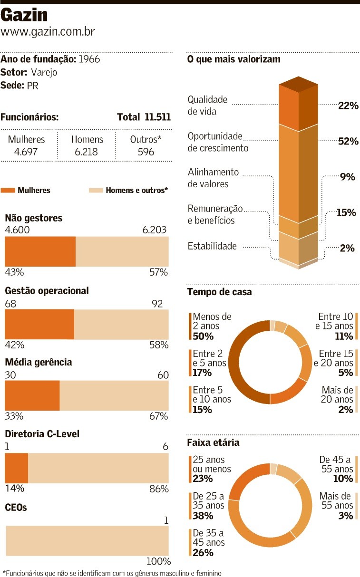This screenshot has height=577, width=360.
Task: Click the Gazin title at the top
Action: click(x=24, y=15)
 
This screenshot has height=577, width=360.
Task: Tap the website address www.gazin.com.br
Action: click(x=48, y=32)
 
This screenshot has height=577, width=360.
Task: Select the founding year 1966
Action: click(x=89, y=59)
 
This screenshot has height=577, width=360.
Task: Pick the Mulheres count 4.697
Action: click(x=27, y=152)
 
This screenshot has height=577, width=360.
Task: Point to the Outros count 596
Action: click(x=146, y=152)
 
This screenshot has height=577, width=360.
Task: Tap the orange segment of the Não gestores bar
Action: click(x=40, y=251)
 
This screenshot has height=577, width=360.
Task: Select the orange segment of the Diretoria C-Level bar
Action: click(x=16, y=468)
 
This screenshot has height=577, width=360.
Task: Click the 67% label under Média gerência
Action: click(x=159, y=416)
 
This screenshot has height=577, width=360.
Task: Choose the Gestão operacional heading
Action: click(x=47, y=290)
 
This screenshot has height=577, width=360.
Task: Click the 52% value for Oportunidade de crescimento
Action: click(x=348, y=141)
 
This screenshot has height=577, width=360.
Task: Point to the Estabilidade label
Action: click(x=212, y=246)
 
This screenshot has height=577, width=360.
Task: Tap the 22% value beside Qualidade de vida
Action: click(x=348, y=106)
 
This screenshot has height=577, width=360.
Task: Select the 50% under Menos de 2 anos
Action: click(x=203, y=337)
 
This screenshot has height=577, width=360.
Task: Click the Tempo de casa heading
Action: click(x=220, y=292)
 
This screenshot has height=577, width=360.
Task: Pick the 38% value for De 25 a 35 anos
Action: click(x=203, y=516)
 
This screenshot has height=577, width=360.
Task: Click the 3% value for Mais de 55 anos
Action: click(x=346, y=516)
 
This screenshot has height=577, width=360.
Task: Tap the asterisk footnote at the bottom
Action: click(x=112, y=573)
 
